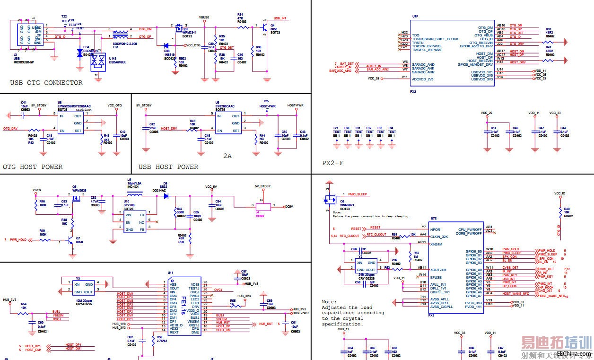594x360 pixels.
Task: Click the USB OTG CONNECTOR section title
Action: (46, 83)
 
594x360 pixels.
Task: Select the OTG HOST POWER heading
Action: (33, 167)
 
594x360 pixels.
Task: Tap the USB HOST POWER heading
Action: (168, 167)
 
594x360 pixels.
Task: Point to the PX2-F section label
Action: (333, 163)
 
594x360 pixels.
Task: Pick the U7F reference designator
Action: (415, 16)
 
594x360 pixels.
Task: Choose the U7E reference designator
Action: (434, 219)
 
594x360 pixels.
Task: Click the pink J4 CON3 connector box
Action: (263, 207)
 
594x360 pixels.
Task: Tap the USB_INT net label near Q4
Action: (280, 18)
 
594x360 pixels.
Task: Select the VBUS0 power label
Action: (204, 17)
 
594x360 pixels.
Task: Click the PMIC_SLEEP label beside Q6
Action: (358, 194)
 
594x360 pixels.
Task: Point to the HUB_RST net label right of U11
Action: (265, 324)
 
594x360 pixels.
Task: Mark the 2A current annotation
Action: (227, 155)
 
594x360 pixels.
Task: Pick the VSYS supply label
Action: (36, 190)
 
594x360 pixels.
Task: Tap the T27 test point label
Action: (336, 128)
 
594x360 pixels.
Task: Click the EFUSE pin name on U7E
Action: (436, 278)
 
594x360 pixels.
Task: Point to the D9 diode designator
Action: (165, 183)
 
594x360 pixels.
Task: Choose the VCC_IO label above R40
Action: (560, 193)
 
